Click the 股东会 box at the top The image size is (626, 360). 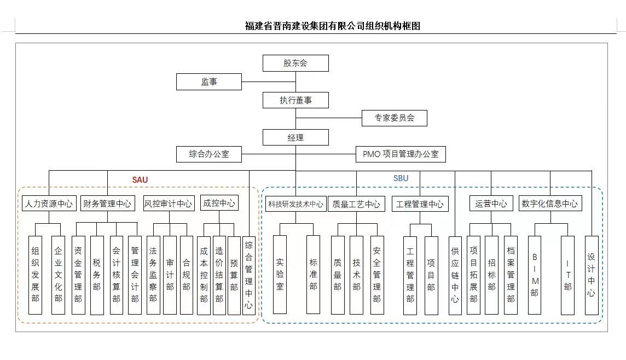pos(295,63)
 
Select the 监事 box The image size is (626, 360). pos(209,82)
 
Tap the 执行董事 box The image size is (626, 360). pos(295,100)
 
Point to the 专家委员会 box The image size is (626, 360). pos(394,118)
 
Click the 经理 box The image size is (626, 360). pos(295,137)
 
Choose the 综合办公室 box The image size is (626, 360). pos(209,154)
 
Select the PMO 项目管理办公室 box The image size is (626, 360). pos(401,154)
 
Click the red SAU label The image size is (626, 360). pos(140,179)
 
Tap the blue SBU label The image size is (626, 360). pos(401,178)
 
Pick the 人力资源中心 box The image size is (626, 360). pos(49,204)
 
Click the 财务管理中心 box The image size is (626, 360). pos(107,204)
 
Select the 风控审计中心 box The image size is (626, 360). pos(169,204)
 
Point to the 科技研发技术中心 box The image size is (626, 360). pos(295,204)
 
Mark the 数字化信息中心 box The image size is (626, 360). pos(549,204)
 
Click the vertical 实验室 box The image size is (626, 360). pos(280,274)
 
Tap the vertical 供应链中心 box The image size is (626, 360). pos(455,275)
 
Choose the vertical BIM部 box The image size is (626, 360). pos(535,275)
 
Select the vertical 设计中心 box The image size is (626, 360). pos(592,275)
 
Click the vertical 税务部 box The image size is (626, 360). pos(97,275)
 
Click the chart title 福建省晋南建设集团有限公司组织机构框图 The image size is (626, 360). pos(333,26)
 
